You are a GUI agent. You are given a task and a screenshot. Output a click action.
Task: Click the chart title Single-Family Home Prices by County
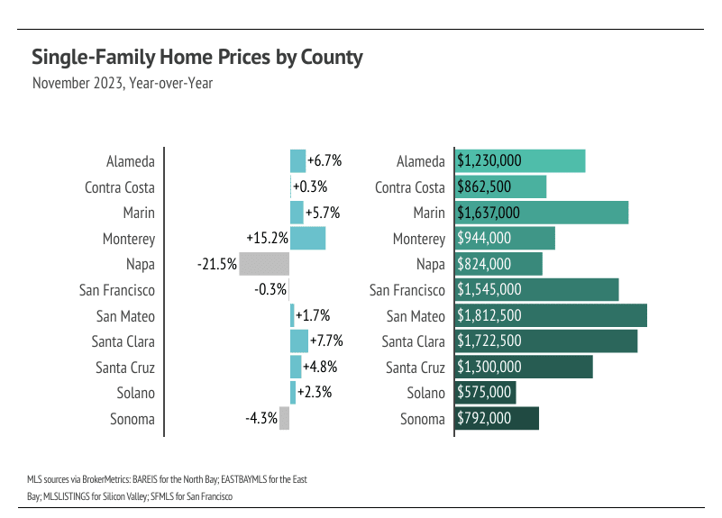pos(196,58)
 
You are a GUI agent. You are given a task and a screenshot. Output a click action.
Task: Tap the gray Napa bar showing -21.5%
pos(264,264)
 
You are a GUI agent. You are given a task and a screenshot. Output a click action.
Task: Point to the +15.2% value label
pos(267,239)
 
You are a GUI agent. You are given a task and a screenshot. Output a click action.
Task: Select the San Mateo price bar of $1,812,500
pos(551,316)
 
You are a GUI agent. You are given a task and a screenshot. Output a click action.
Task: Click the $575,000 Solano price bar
pos(485,393)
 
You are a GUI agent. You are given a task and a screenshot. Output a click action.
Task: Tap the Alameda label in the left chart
pos(130,161)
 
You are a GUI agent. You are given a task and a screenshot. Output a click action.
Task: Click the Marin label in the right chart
pos(429,214)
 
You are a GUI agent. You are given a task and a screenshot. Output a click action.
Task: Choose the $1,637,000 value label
pos(489,214)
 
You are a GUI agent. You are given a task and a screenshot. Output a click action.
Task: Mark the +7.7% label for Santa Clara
pos(325,341)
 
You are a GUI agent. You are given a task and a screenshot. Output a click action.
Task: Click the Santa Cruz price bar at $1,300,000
pos(524,368)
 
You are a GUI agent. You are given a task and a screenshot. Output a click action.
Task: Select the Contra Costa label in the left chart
pos(119,187)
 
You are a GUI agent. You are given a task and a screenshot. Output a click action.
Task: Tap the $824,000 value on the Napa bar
pos(484,265)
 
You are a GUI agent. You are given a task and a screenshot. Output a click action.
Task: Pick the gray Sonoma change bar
pos(284,419)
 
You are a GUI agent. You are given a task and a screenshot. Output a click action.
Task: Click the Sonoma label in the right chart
pos(423,419)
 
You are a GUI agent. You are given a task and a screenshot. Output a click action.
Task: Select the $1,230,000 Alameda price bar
pos(520,161)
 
